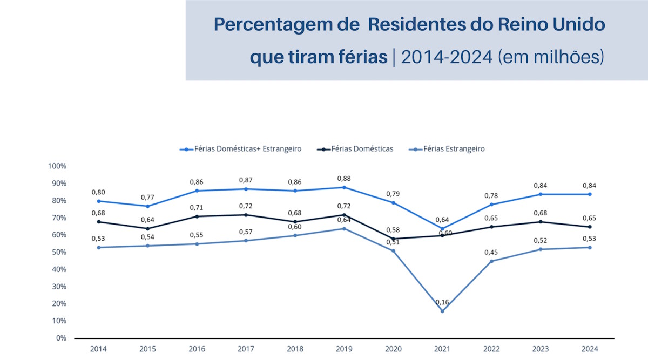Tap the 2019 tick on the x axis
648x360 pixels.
pyautogui.click(x=344, y=349)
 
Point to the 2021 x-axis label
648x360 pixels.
pyautogui.click(x=442, y=349)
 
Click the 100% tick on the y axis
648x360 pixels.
pyautogui.click(x=57, y=166)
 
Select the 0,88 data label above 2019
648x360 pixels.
pyautogui.click(x=345, y=178)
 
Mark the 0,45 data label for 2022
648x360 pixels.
pyautogui.click(x=492, y=252)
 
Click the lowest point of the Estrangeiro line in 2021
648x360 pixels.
pyautogui.click(x=442, y=311)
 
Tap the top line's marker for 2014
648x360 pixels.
pyautogui.click(x=98, y=201)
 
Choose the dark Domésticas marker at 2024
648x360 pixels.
pyautogui.click(x=590, y=227)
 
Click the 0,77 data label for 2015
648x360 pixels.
pyautogui.click(x=148, y=197)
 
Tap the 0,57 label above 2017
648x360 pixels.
pyautogui.click(x=246, y=232)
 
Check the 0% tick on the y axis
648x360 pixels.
pyautogui.click(x=60, y=338)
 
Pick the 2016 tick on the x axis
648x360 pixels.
pyautogui.click(x=197, y=349)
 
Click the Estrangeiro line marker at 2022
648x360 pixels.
pyautogui.click(x=491, y=261)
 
